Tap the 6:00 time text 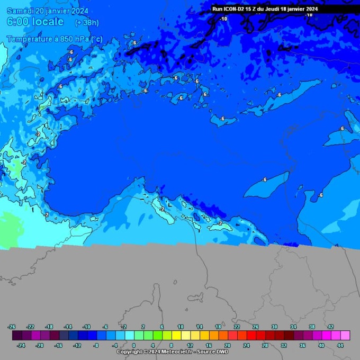(19, 22)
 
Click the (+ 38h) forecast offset (86, 23)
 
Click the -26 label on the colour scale (12, 327)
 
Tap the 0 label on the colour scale (133, 345)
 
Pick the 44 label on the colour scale (340, 345)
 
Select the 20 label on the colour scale (227, 345)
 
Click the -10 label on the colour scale (87, 327)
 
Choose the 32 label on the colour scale (284, 345)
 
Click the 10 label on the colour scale (181, 327)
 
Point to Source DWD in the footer (214, 352)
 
